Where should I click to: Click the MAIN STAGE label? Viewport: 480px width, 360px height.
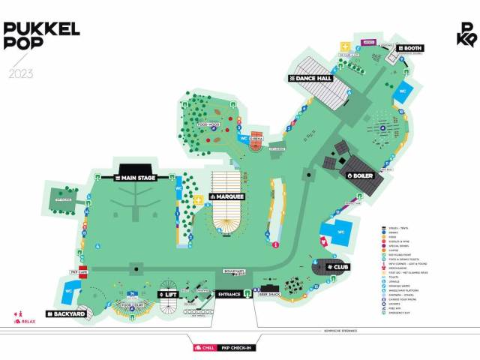tap(135, 178)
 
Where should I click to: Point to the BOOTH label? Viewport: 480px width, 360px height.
tap(410, 49)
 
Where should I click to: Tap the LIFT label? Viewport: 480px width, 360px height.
tap(169, 295)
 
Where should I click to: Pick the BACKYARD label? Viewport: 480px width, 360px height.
tap(68, 313)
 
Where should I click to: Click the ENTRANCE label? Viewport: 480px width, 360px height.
tap(228, 295)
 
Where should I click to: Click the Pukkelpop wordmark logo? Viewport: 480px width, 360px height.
tap(40, 35)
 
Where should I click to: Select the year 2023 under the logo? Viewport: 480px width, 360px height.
tap(21, 73)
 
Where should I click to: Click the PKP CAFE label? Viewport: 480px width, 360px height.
tap(79, 271)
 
